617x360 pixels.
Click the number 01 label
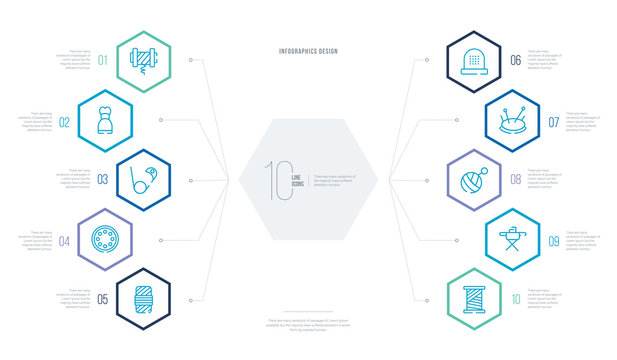pos(104,59)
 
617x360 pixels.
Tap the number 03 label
pos(102,181)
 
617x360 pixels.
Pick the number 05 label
pos(102,298)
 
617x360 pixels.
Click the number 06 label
pos(515,60)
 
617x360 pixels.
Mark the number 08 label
pos(515,181)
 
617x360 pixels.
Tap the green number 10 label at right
pos(515,298)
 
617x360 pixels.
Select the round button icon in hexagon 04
pos(105,239)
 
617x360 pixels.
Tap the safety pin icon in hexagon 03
pos(144,180)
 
